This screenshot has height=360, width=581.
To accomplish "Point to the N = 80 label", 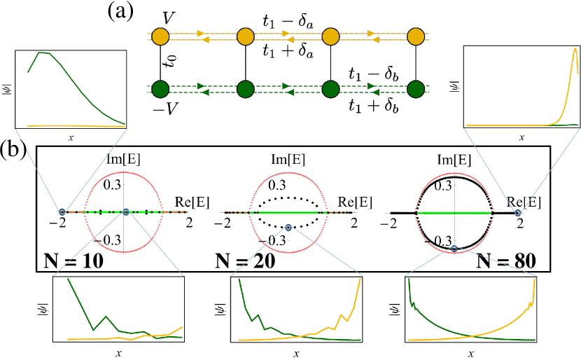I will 506,261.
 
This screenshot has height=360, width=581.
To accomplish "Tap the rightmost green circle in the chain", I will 416,89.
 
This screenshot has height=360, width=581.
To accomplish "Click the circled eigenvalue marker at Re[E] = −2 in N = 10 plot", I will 62,212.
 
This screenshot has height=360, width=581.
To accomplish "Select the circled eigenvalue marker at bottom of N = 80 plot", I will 454,248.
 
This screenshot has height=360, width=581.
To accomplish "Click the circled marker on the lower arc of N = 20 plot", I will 288,227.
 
